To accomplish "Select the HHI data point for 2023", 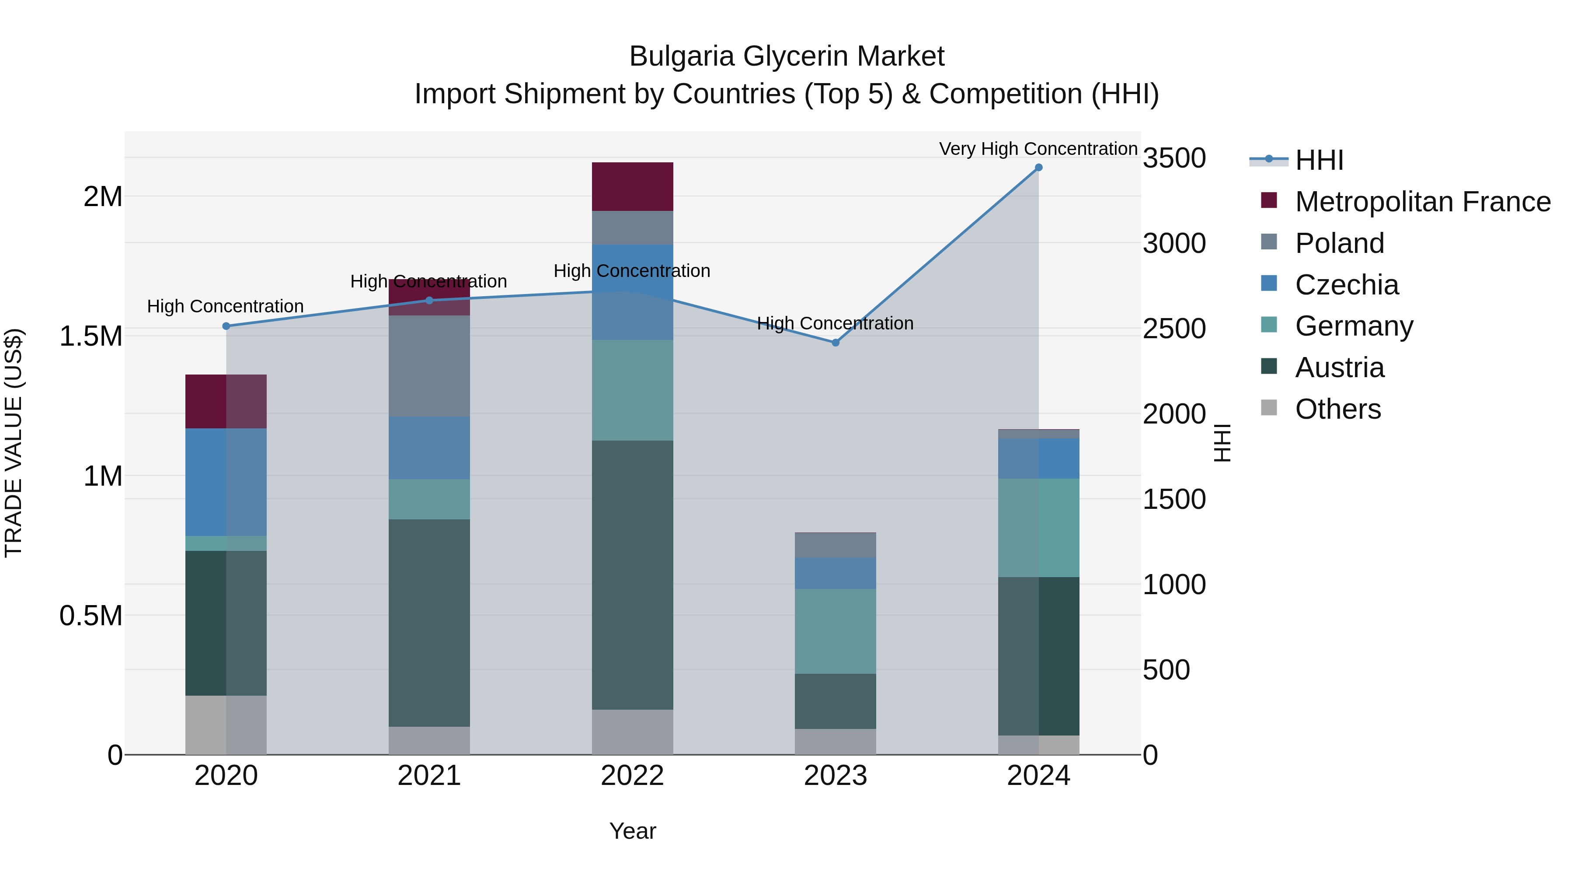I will tap(835, 343).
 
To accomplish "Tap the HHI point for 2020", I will tap(226, 326).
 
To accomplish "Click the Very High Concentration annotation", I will tap(1038, 149).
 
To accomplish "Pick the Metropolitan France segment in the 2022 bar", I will tap(632, 186).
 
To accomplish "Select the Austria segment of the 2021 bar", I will tap(429, 623).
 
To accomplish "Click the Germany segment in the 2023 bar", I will tap(835, 631).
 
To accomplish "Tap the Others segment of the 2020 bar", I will tap(226, 725).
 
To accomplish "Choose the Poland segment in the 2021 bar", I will tap(429, 366).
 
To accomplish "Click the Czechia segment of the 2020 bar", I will tap(226, 482).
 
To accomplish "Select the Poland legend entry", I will tap(1339, 243).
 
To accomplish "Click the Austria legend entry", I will tap(1339, 368).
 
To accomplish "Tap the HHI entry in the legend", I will tap(1319, 160).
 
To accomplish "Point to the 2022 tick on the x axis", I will tap(632, 776).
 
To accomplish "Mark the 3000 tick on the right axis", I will tap(1174, 243).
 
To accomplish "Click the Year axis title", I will tap(632, 831).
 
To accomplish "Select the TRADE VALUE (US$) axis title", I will tap(14, 443).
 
